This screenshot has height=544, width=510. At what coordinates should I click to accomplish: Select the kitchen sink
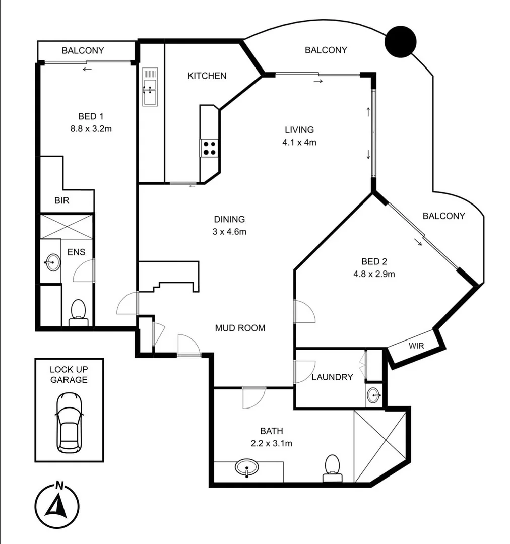coord(150,87)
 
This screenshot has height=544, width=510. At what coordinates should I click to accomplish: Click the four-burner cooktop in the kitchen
coord(210,148)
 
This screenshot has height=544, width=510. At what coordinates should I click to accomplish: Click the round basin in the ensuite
coord(52,262)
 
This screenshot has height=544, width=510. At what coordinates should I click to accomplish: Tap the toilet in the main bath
coord(332,468)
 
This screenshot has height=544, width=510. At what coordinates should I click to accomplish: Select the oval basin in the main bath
coord(246,467)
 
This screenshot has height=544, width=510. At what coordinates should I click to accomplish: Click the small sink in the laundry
coord(373,395)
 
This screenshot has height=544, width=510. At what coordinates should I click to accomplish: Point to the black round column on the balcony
coord(401,41)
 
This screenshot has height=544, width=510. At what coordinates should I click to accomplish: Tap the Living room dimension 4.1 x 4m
coord(299,142)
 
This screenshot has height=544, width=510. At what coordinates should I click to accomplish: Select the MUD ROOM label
coord(240,328)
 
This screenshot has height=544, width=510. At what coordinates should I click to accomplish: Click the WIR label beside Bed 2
coord(416,347)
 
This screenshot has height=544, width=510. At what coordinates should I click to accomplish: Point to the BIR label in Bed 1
coord(62,200)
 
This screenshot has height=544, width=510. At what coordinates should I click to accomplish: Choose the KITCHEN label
coord(207,76)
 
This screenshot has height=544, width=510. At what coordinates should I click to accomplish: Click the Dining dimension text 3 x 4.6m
coord(230,232)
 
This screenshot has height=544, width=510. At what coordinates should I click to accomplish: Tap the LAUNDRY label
coord(332,377)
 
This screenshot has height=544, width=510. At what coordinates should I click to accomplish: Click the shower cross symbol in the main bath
coord(379,445)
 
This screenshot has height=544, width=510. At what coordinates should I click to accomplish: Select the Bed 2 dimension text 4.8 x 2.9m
coord(373,274)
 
